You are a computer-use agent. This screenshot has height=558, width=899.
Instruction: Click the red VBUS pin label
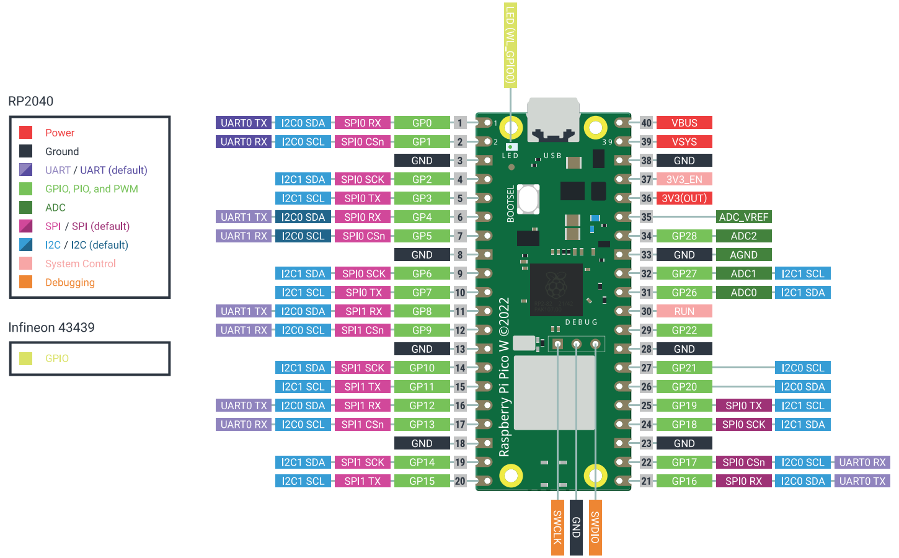click(x=684, y=123)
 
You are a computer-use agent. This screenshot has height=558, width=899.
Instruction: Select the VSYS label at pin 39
click(x=684, y=142)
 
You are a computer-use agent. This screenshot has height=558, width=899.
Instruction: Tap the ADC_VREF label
click(x=743, y=217)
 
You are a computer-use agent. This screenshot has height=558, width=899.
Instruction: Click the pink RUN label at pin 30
click(x=684, y=311)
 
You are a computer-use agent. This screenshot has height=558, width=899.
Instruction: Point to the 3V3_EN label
click(x=684, y=179)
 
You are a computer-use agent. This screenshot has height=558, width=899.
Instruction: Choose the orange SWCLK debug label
click(x=557, y=527)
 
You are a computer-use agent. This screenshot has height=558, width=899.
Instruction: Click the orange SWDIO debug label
click(x=595, y=527)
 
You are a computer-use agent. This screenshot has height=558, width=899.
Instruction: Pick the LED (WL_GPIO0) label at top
click(x=510, y=45)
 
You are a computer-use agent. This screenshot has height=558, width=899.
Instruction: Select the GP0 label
click(x=422, y=123)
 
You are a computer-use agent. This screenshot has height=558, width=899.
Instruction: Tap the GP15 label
click(x=422, y=481)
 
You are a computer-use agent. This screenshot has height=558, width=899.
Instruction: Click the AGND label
click(x=743, y=255)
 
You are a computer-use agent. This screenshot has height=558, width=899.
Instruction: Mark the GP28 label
click(x=684, y=236)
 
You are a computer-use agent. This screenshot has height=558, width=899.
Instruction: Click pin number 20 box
click(x=460, y=481)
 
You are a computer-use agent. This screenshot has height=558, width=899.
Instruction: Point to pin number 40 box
click(x=646, y=123)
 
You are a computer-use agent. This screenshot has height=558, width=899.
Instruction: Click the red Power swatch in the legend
click(x=25, y=132)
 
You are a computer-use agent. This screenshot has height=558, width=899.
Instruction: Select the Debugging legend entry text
click(x=70, y=282)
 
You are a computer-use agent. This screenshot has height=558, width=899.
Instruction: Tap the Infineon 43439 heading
click(x=51, y=327)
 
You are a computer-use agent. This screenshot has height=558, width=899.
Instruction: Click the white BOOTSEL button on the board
click(x=528, y=199)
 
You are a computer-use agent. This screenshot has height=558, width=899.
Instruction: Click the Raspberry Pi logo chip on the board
click(x=556, y=289)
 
